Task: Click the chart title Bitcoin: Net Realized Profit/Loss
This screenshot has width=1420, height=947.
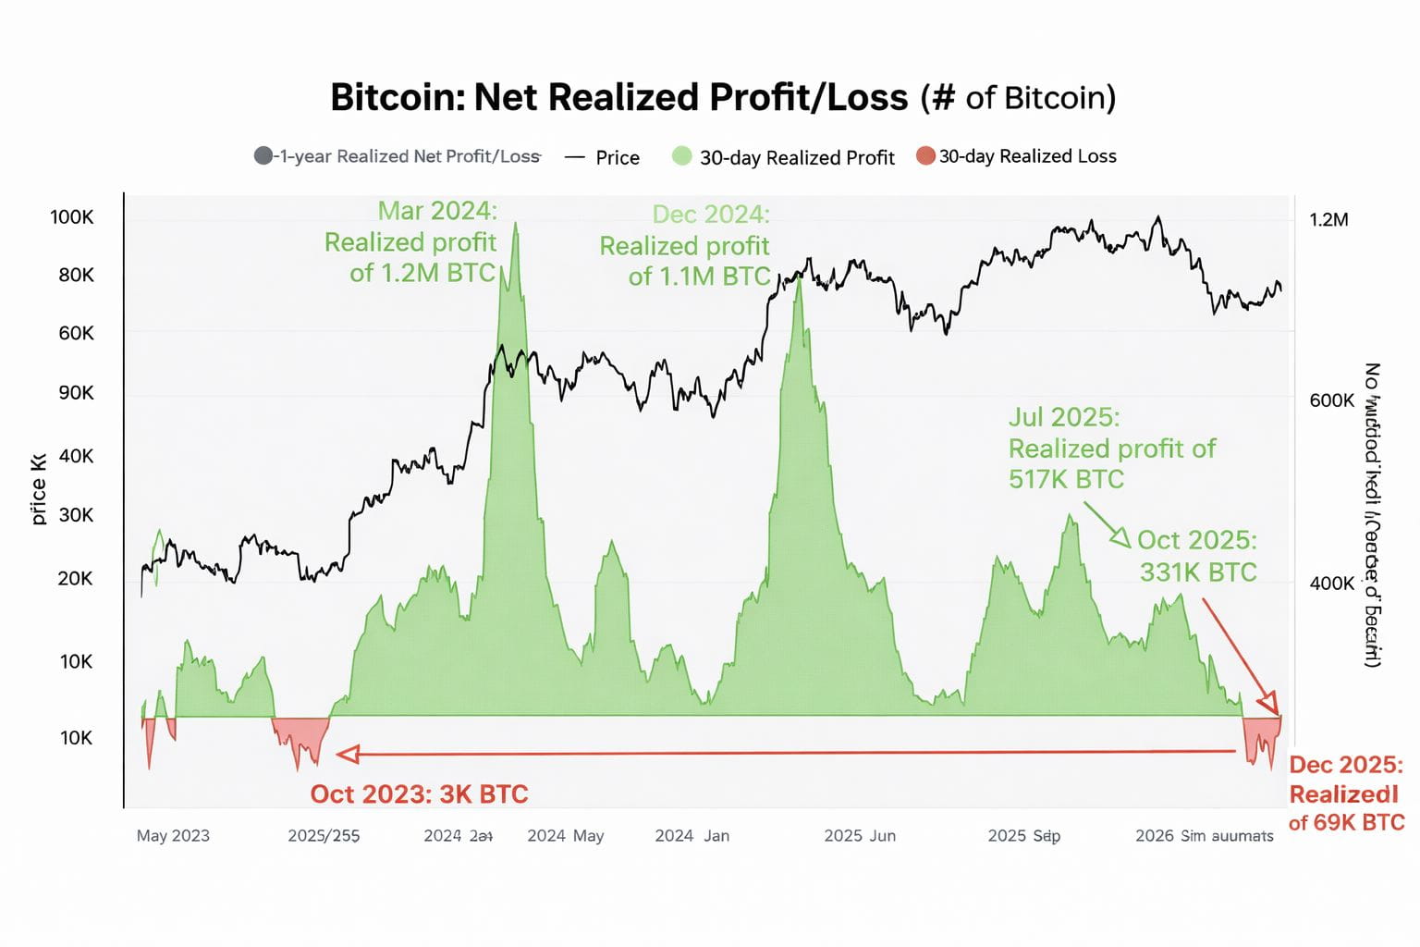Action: pyautogui.click(x=618, y=97)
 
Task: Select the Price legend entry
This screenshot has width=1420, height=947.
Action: pyautogui.click(x=617, y=157)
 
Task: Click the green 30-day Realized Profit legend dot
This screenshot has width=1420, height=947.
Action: pyautogui.click(x=681, y=156)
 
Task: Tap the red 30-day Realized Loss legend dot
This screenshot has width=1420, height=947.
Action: pyautogui.click(x=925, y=155)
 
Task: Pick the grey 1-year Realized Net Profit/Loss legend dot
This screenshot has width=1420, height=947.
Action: pyautogui.click(x=263, y=155)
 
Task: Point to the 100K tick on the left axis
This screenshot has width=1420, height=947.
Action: pyautogui.click(x=72, y=217)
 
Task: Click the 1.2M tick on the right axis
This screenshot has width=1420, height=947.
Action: pyautogui.click(x=1328, y=219)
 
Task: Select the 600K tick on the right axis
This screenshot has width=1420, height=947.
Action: pyautogui.click(x=1331, y=400)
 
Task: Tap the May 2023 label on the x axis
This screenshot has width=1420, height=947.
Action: pyautogui.click(x=173, y=836)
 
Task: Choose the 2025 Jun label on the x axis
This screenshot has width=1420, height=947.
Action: pyautogui.click(x=859, y=836)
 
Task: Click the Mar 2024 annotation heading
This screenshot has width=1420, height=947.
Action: pyautogui.click(x=437, y=211)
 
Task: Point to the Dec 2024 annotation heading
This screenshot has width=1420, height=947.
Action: pyautogui.click(x=710, y=215)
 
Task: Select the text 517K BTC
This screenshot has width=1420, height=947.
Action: pyautogui.click(x=1066, y=479)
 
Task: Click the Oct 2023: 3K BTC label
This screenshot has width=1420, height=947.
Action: pyautogui.click(x=419, y=794)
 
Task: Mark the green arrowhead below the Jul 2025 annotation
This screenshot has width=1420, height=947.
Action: pyautogui.click(x=1121, y=538)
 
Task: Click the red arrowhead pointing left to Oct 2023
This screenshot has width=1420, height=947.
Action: pyautogui.click(x=347, y=755)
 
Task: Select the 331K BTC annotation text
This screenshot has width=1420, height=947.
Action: pyautogui.click(x=1197, y=572)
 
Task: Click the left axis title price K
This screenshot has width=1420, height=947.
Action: pyautogui.click(x=38, y=489)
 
